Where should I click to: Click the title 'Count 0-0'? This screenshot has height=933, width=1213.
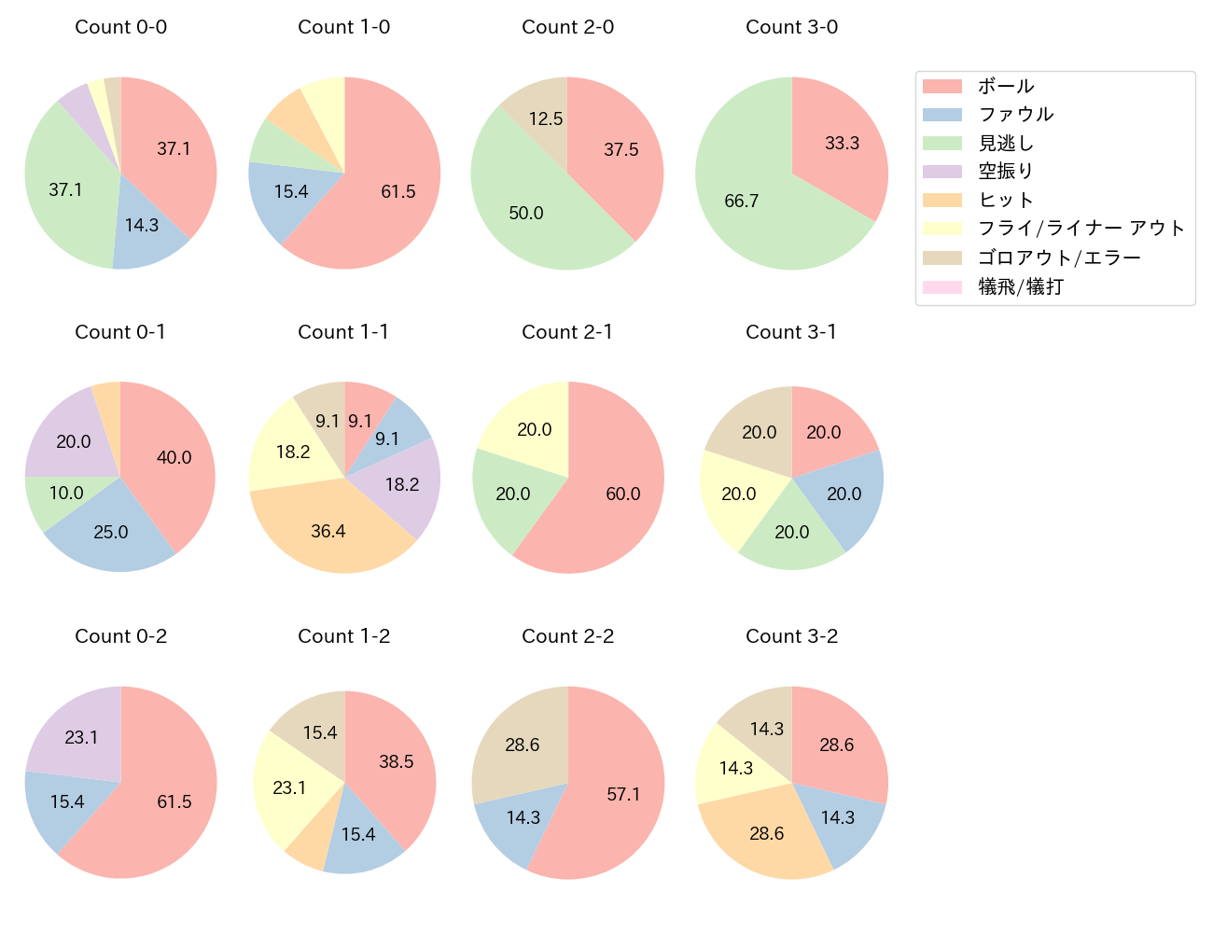pos(120,27)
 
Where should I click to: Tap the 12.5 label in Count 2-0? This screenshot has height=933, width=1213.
pos(546,118)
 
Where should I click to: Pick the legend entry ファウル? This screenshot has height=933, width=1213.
pos(1015,115)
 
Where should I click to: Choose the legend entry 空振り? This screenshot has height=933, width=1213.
pos(1005,172)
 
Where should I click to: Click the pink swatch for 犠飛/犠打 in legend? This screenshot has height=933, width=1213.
pos(941,287)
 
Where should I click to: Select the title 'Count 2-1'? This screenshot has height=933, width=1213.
pos(567,332)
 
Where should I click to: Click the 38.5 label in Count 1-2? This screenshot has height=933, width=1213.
pos(397,761)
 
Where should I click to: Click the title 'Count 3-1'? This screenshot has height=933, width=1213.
pos(791,332)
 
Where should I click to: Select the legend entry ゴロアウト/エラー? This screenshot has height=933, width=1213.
pos(1059,258)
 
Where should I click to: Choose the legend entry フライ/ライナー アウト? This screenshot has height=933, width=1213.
pos(1081,229)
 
